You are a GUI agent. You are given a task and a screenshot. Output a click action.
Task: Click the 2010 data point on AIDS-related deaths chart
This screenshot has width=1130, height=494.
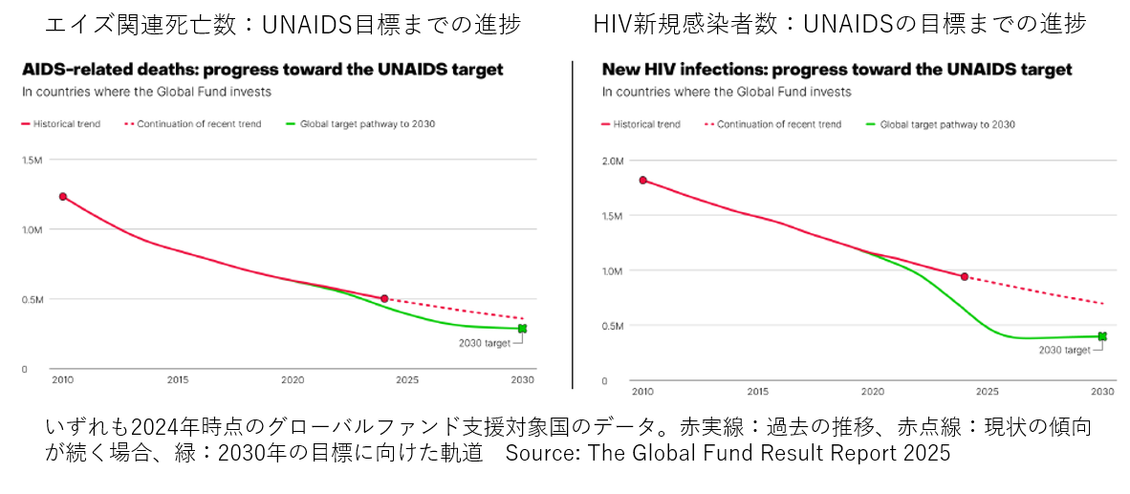click(x=63, y=197)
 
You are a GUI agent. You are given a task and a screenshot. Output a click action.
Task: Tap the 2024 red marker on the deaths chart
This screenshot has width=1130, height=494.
click(x=384, y=299)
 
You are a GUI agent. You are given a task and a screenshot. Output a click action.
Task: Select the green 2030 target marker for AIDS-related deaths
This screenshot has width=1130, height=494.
click(x=522, y=329)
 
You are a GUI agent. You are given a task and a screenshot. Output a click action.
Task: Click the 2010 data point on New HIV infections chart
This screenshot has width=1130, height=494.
click(x=643, y=180)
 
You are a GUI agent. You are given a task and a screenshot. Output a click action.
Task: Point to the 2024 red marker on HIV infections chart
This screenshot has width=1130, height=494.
click(x=965, y=277)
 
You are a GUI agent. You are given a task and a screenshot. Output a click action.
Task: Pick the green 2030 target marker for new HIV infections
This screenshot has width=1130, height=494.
click(x=1102, y=336)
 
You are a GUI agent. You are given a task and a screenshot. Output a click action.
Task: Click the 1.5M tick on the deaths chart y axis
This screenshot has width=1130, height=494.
click(x=33, y=160)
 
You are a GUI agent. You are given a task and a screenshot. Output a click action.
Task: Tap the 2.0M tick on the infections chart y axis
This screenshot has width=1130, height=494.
click(x=613, y=161)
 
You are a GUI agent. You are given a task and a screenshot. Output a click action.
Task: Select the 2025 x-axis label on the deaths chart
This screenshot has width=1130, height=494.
click(x=406, y=379)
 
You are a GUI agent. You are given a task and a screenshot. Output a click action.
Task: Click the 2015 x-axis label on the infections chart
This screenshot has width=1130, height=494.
click(x=758, y=392)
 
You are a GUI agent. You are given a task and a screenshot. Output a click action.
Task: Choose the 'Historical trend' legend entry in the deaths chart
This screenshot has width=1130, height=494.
click(x=66, y=124)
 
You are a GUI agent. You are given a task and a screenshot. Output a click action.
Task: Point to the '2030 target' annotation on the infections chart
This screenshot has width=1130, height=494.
click(x=1065, y=351)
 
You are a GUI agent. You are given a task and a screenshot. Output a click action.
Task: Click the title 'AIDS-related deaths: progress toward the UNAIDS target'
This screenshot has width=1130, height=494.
click(x=263, y=70)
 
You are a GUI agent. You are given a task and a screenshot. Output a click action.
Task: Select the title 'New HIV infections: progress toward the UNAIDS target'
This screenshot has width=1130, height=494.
click(x=837, y=70)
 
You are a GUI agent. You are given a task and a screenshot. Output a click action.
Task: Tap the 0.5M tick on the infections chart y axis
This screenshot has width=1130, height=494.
click(x=613, y=326)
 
